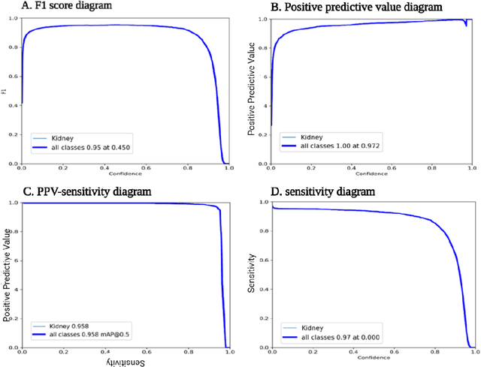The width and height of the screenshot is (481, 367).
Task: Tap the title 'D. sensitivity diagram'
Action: pos(324,192)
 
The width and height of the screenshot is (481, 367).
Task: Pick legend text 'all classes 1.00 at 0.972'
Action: pos(335,147)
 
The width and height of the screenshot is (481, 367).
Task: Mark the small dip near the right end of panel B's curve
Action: pos(465,24)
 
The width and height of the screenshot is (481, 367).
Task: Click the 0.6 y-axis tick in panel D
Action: pos(263,260)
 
